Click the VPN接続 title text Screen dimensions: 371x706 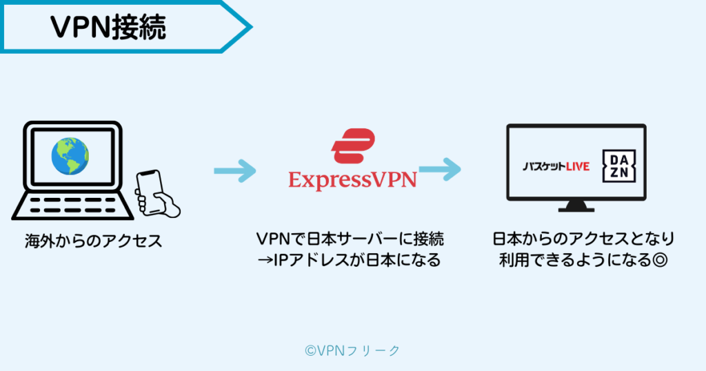[109, 27]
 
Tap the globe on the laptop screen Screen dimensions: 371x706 [70, 157]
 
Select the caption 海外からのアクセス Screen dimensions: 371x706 [93, 241]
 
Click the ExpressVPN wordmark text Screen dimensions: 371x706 [352, 180]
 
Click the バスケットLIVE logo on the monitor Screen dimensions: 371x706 [556, 167]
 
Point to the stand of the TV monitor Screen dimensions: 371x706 [576, 206]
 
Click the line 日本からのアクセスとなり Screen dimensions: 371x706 [583, 239]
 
